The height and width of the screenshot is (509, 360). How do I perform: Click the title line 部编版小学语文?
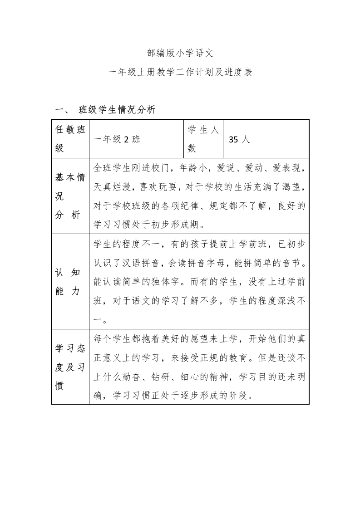[180, 53]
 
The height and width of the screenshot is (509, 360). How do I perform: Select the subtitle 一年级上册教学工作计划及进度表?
[180, 72]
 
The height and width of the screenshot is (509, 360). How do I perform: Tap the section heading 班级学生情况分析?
[117, 109]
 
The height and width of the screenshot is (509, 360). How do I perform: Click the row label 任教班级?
[70, 139]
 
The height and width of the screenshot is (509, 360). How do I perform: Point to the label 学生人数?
[203, 139]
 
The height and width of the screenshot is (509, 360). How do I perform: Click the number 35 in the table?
[233, 140]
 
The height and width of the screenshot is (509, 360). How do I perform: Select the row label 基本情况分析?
[70, 196]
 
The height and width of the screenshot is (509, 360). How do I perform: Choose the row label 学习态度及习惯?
[70, 367]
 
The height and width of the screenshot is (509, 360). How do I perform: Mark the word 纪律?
[227, 206]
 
